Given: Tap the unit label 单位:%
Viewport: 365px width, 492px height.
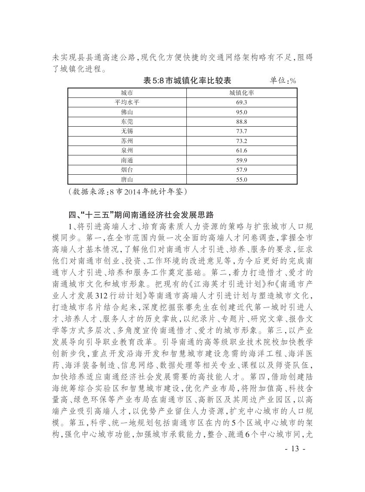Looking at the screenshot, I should click(x=283, y=80).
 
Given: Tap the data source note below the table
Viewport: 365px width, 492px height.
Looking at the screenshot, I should click(x=128, y=191).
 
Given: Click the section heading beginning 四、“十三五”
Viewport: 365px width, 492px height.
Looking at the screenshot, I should click(x=141, y=214).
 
